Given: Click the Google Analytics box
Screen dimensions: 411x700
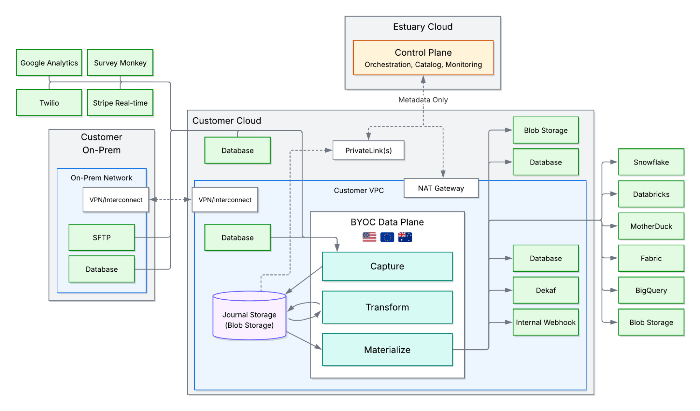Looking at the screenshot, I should point(49,63).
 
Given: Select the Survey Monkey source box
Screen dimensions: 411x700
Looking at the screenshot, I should point(120,63).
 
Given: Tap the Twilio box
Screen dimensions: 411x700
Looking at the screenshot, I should point(49,103).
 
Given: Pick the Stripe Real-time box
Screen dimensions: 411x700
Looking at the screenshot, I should point(120,103).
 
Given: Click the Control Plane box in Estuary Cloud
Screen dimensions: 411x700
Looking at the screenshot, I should point(423,58).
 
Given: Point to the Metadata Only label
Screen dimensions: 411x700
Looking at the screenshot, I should point(423,100).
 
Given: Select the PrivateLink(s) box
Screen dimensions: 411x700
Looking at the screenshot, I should point(368,150).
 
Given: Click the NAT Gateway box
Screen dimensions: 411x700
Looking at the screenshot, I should point(441,188).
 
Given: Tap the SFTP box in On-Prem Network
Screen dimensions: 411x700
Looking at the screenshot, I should point(102,237).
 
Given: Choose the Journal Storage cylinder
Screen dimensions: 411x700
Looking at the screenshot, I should point(249,317).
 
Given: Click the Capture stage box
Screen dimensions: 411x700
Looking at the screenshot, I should point(387,266).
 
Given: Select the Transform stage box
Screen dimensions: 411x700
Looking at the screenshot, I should point(387,307).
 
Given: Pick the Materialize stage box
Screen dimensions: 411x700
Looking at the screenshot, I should point(387,349).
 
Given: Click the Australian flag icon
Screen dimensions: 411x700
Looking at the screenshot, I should point(405,237).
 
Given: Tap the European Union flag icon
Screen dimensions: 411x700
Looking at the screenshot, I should point(387,237).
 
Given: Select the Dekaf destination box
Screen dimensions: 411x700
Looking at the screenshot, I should point(546,290).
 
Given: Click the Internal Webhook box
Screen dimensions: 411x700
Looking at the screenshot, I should point(546,322).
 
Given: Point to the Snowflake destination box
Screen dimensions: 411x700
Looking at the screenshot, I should point(651,162).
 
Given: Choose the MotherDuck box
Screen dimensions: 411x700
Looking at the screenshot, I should point(651,226).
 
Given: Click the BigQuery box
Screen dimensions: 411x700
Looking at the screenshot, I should point(651,290).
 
